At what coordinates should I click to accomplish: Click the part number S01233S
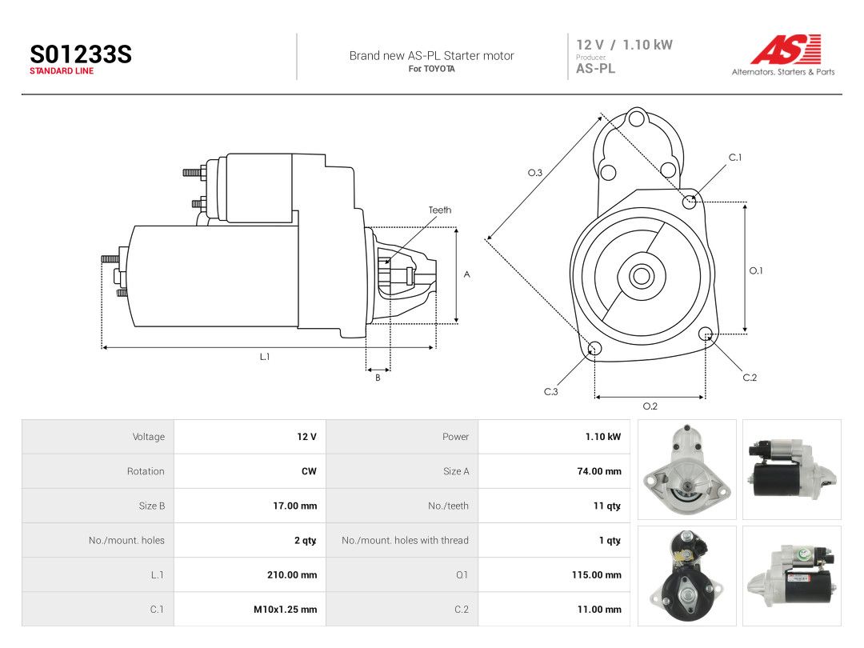pos(81,54)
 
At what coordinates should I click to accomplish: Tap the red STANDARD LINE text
pos(62,71)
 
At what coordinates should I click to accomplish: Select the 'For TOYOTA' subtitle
pos(431,69)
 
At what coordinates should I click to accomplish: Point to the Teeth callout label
pos(440,210)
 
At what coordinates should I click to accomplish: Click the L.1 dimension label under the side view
pos(265,357)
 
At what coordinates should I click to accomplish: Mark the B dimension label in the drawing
pos(378,378)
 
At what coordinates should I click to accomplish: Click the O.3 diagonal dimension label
pos(535,173)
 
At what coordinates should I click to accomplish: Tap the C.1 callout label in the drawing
pos(735,158)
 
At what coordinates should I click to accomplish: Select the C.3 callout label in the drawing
pos(551,392)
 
